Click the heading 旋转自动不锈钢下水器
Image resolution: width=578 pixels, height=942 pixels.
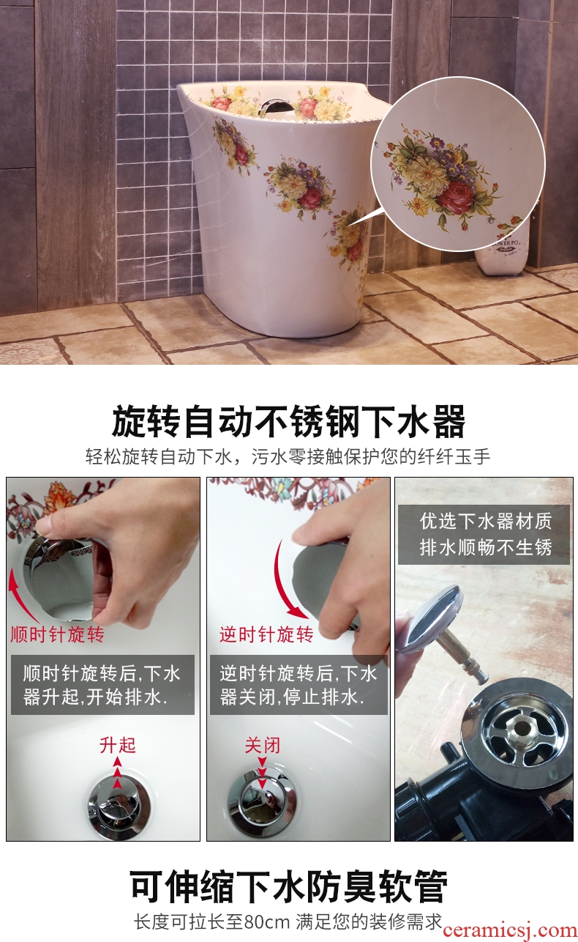click(x=288, y=421)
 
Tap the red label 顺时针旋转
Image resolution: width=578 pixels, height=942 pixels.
click(x=57, y=634)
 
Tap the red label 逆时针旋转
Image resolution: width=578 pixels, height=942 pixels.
click(x=266, y=634)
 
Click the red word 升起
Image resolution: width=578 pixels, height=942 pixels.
click(x=118, y=745)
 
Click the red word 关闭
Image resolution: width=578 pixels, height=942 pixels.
click(x=263, y=745)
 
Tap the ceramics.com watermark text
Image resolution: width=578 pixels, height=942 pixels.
click(x=509, y=930)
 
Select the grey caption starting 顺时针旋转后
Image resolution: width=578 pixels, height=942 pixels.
click(x=102, y=684)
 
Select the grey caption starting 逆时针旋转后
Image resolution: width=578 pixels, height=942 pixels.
click(x=299, y=684)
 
